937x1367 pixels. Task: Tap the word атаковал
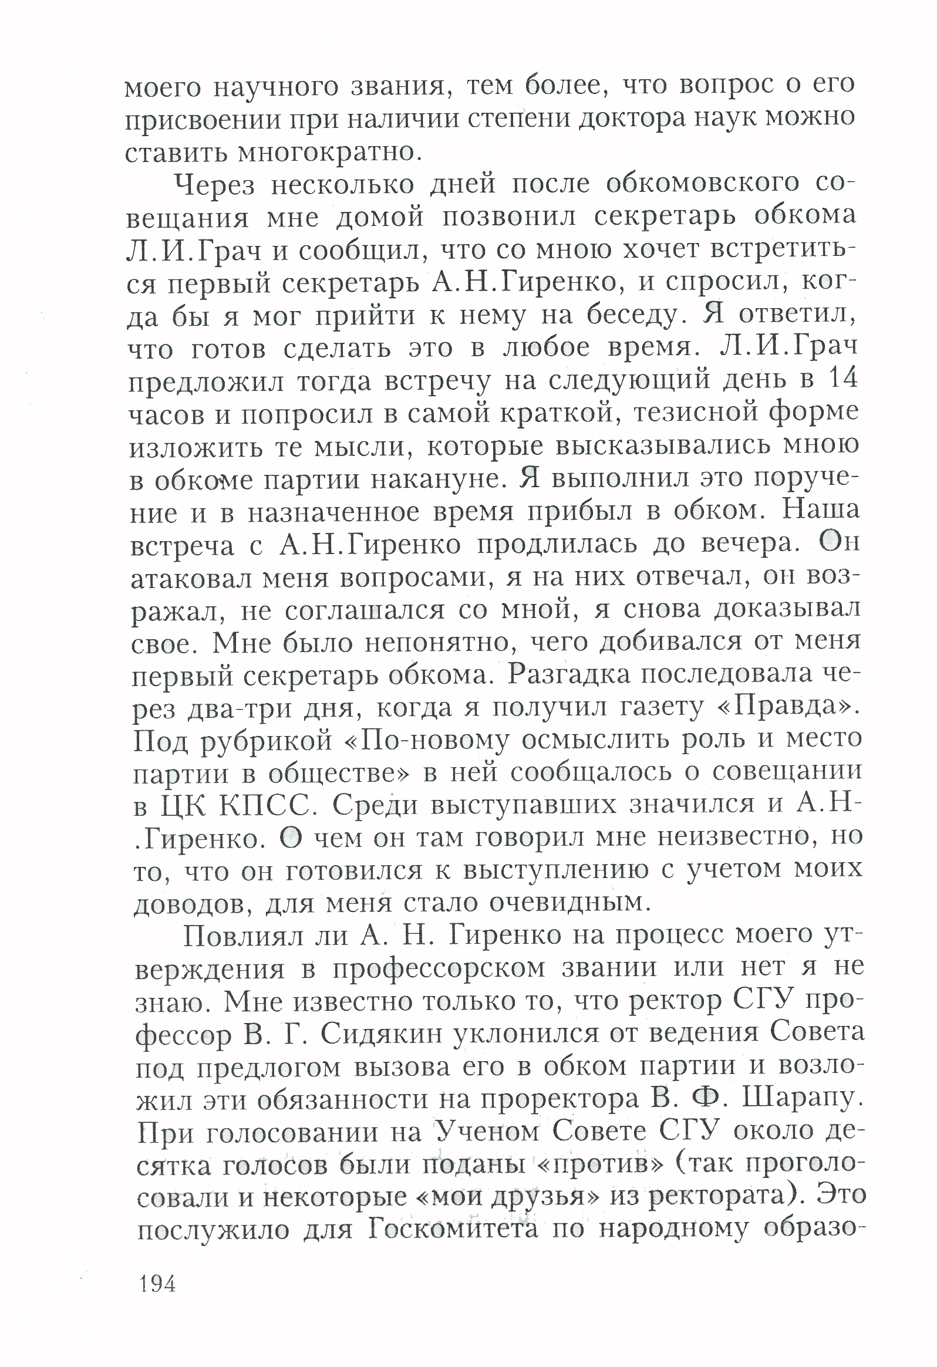pyautogui.click(x=188, y=579)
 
